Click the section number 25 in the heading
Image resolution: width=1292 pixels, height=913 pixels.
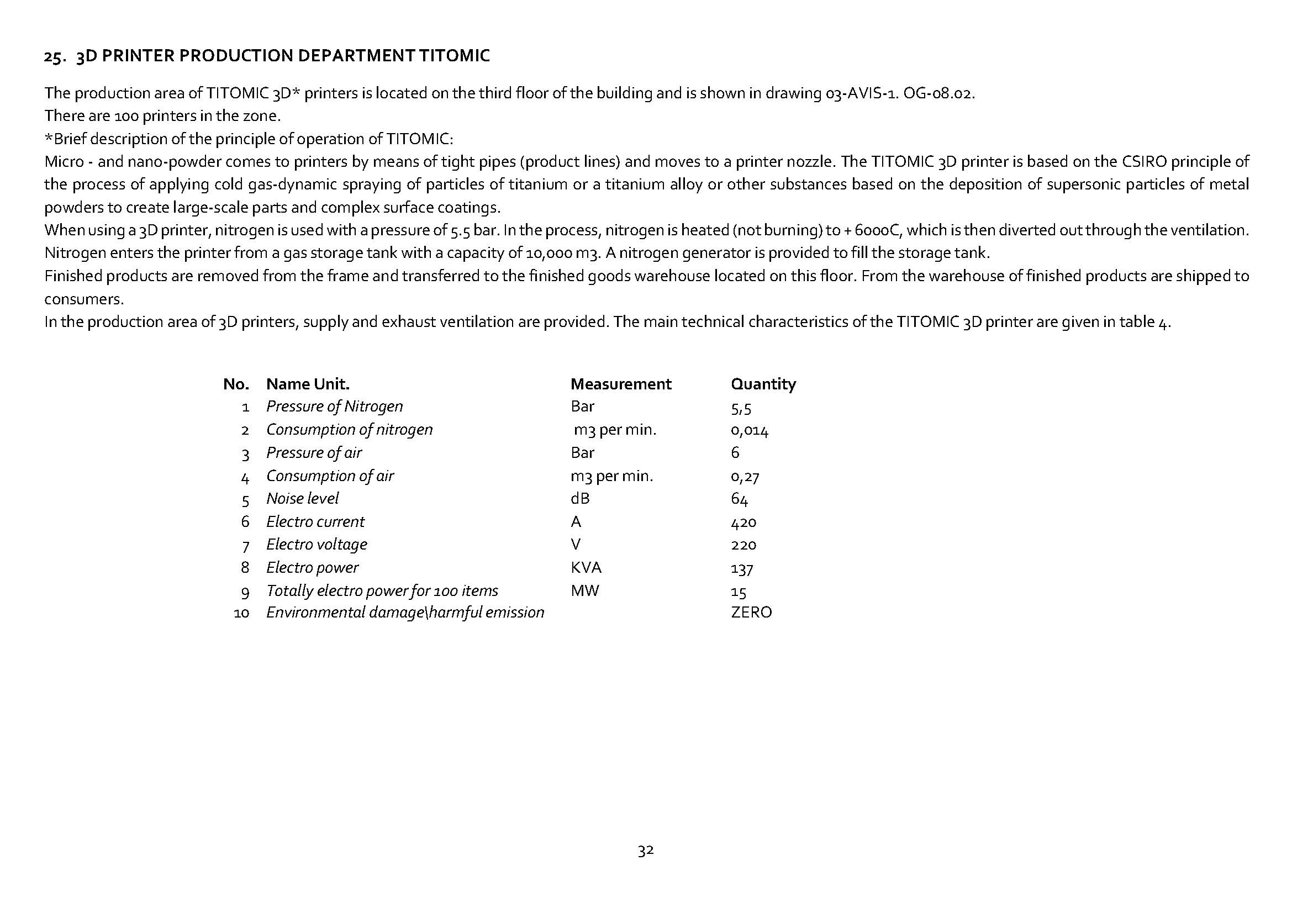click(x=53, y=56)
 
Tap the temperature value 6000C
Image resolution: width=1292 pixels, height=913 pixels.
click(x=878, y=231)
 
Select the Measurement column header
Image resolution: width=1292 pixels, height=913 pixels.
click(x=620, y=384)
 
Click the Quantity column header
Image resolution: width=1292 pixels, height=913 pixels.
click(x=763, y=384)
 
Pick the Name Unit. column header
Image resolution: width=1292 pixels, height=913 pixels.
click(x=308, y=384)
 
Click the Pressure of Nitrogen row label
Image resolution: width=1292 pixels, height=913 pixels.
click(x=334, y=407)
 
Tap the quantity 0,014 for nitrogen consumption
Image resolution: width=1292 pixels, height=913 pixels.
click(x=749, y=431)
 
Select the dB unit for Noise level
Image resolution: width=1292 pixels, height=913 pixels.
click(x=579, y=499)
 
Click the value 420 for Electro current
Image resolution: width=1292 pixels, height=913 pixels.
click(x=743, y=523)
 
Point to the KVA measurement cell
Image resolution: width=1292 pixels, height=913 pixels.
click(x=586, y=568)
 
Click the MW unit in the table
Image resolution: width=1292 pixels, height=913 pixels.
click(x=584, y=590)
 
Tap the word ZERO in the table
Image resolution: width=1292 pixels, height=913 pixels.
click(x=751, y=613)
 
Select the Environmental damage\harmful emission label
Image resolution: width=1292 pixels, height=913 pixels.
click(x=405, y=613)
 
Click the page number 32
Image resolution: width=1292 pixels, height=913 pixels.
click(x=645, y=851)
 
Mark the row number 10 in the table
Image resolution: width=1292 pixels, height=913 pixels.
click(x=241, y=613)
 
